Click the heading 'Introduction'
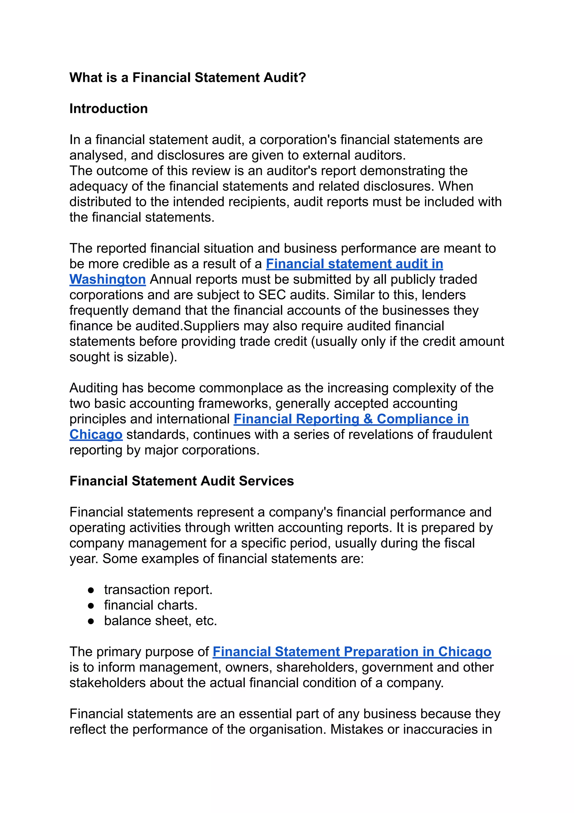coord(108,109)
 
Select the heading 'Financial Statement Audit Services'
coord(181,481)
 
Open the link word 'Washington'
coord(108,279)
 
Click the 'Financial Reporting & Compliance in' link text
coord(351,419)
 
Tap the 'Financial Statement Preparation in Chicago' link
coord(352,652)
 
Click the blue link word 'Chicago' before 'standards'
coord(96,434)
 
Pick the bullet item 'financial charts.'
coord(151,605)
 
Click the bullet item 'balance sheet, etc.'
coord(160,621)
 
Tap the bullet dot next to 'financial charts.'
coord(91,606)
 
